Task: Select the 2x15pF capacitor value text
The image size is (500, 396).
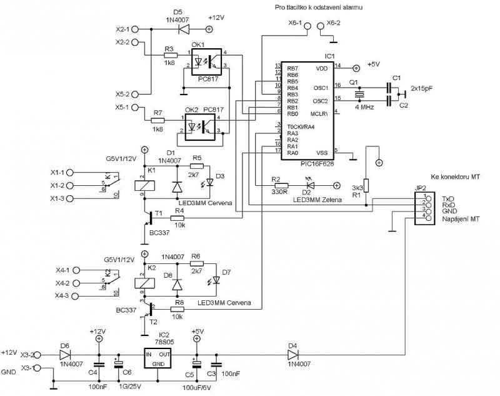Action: pos(425,89)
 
